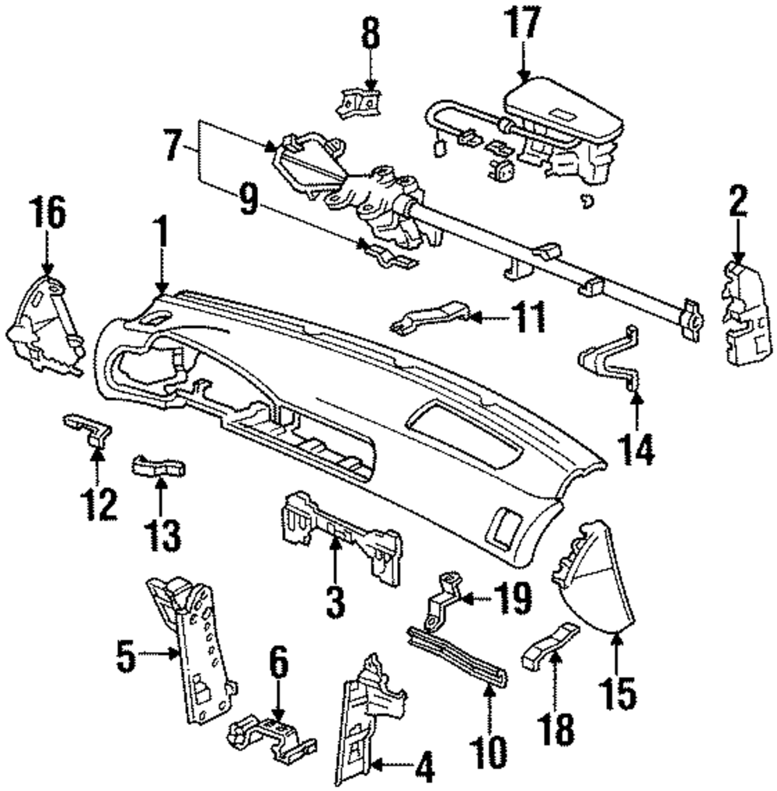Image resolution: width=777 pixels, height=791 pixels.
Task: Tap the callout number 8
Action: (371, 33)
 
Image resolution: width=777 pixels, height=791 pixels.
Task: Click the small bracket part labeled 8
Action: (359, 103)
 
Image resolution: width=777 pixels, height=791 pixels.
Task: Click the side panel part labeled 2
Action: (747, 314)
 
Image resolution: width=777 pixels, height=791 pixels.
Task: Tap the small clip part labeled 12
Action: (89, 429)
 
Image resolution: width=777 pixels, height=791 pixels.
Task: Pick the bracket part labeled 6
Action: (273, 737)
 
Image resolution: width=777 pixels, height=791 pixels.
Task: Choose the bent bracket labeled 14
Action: (609, 358)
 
